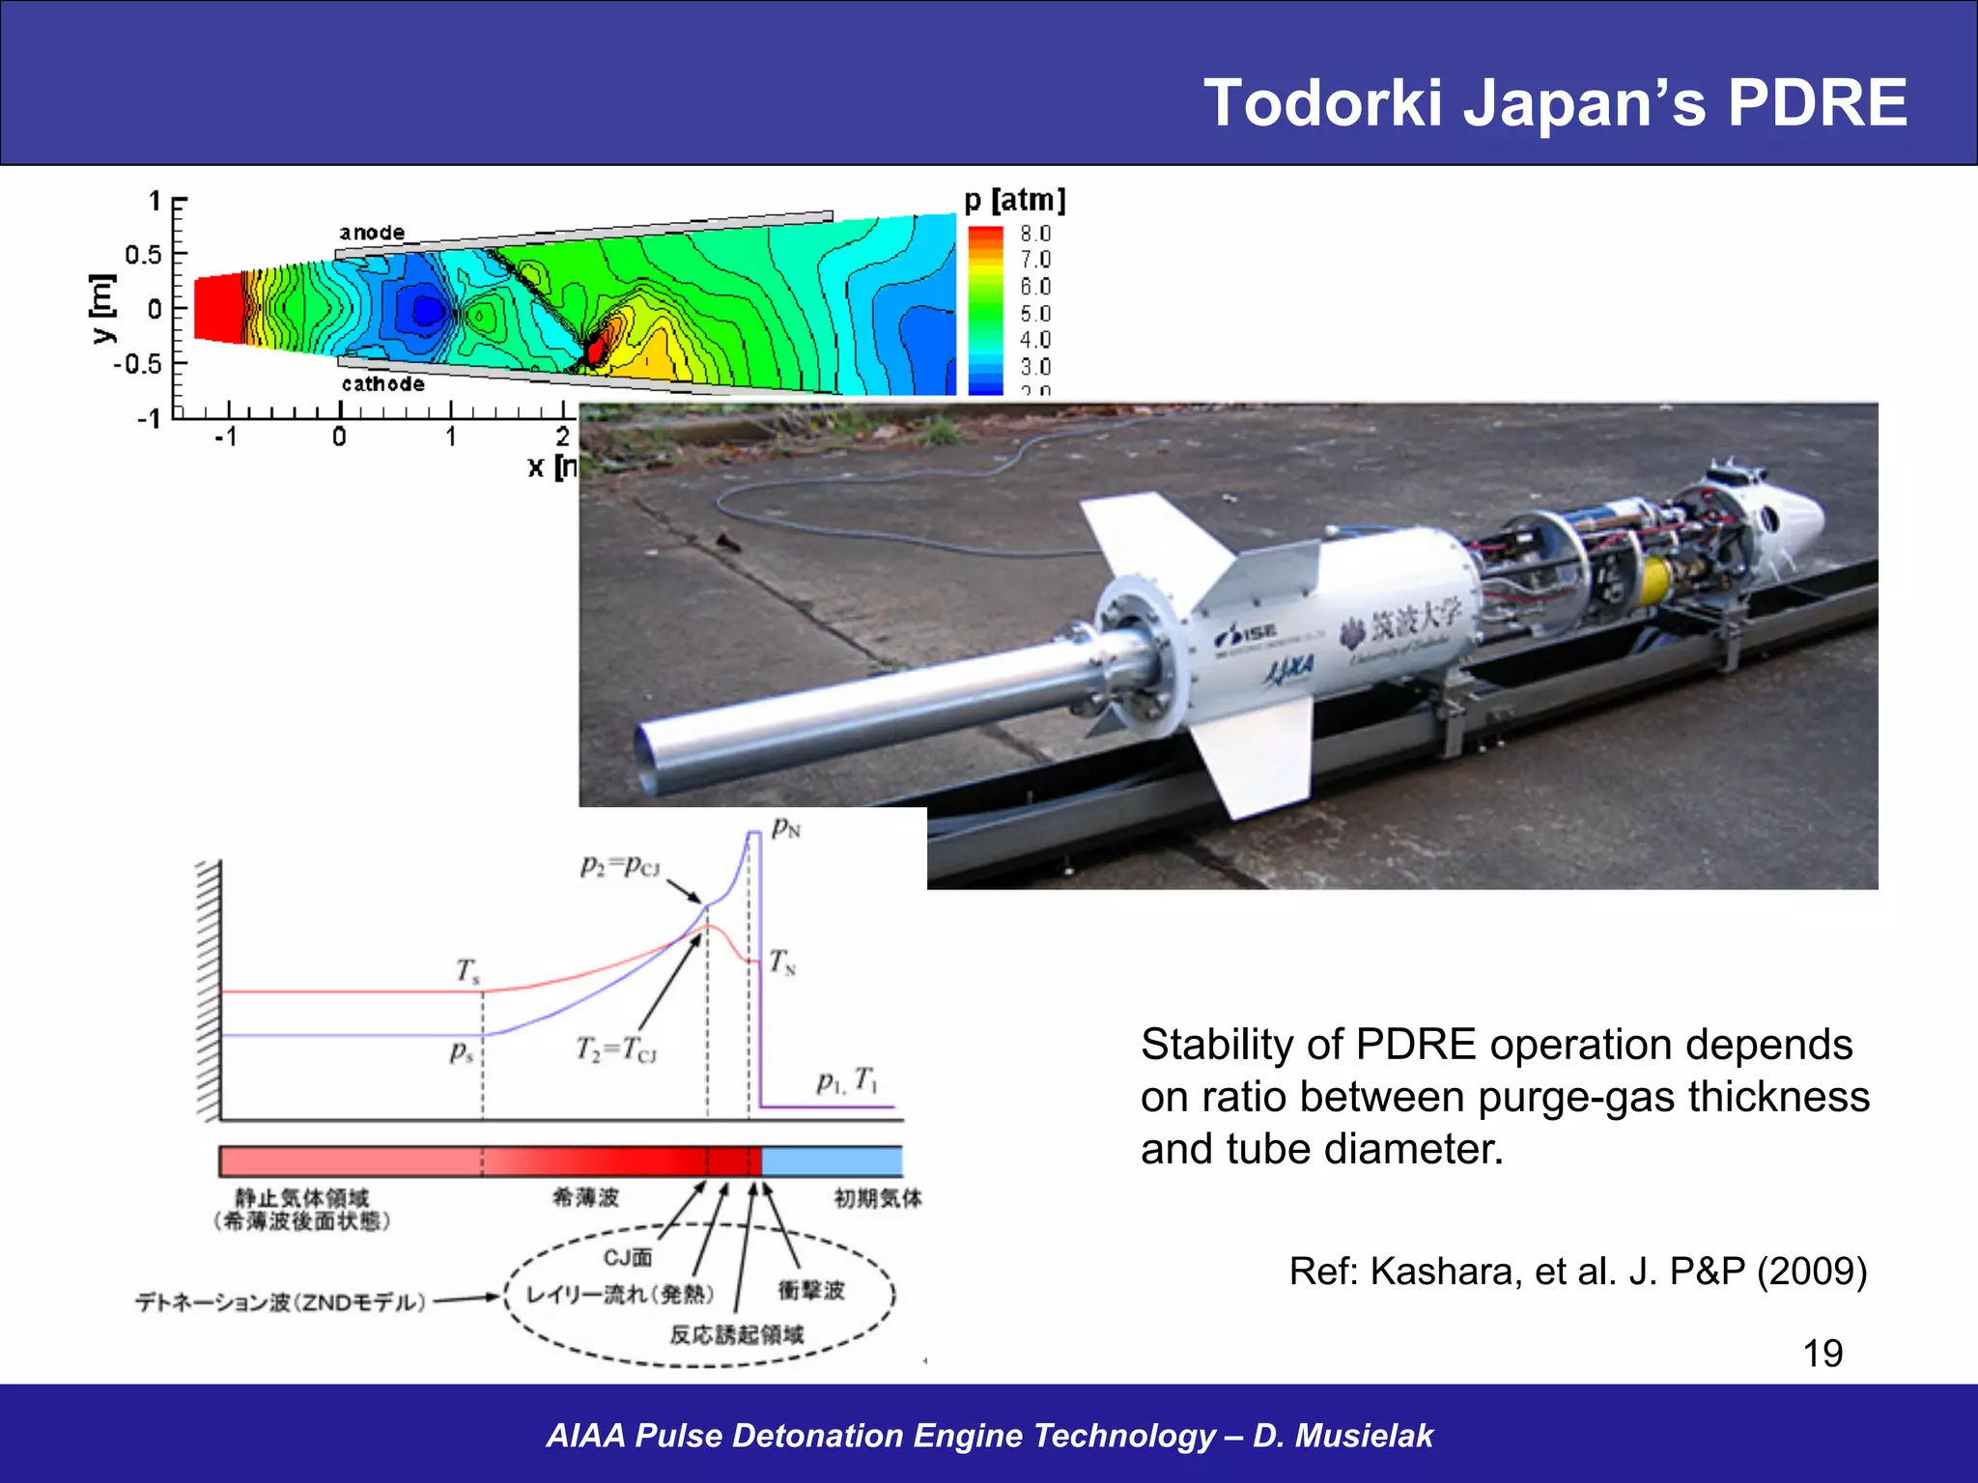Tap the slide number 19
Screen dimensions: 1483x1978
(x=1823, y=1353)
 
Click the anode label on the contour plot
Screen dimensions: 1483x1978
(x=372, y=233)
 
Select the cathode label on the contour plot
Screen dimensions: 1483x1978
(x=382, y=383)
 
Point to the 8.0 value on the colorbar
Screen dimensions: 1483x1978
(x=1035, y=234)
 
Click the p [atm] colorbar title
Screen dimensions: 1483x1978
(x=1014, y=200)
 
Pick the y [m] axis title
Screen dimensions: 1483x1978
(x=102, y=308)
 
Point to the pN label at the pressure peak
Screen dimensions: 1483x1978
(x=786, y=828)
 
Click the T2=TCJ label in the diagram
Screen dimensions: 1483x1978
(x=616, y=1049)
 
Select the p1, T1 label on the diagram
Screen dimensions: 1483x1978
(x=847, y=1080)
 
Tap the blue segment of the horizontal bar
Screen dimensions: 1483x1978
(x=832, y=1161)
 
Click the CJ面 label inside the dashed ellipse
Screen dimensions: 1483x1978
(x=628, y=1257)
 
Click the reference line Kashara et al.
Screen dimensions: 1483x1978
(x=1577, y=1271)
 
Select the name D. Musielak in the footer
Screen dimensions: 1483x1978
(x=1342, y=1435)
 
